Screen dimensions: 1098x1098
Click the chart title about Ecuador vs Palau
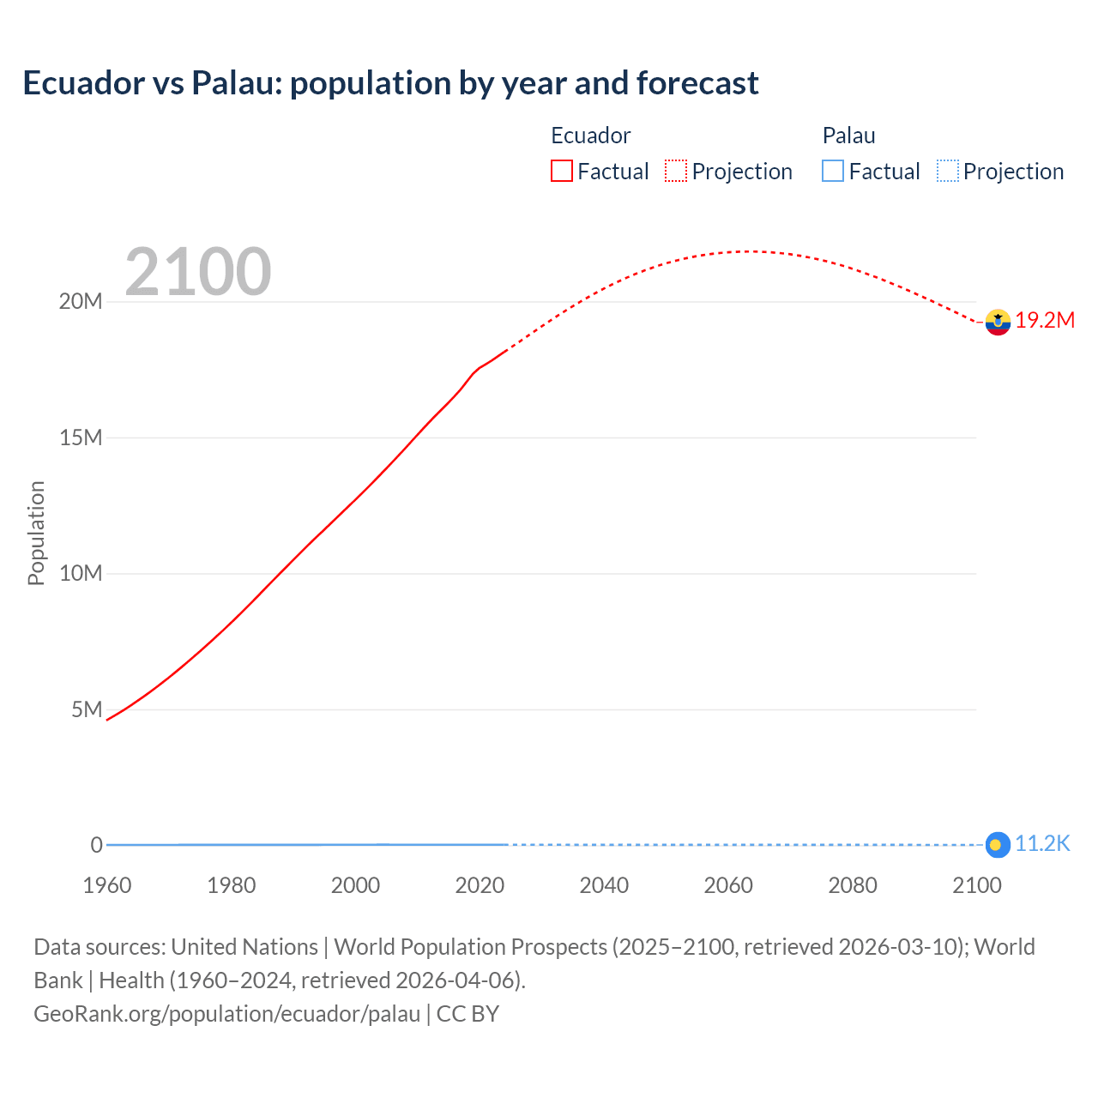390,83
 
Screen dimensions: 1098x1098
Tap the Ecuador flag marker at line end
997,322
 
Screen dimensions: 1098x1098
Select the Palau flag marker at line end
997,845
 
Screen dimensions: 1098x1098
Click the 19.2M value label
1045,320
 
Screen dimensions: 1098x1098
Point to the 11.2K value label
1042,844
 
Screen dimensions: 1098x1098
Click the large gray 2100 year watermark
198,272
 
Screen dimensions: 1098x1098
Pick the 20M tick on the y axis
81,302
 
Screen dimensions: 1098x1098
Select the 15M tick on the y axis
81,437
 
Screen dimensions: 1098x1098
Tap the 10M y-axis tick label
81,573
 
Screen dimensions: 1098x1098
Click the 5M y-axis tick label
87,709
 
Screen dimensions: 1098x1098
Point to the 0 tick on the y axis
96,845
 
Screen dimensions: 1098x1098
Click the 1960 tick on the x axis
107,885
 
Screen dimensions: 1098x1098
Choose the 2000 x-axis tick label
355,885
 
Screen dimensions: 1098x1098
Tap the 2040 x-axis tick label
604,885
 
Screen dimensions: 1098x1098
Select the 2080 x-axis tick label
853,885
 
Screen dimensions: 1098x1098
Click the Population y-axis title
36,533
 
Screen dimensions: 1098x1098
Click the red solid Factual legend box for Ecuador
562,171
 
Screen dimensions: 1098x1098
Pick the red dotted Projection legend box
676,171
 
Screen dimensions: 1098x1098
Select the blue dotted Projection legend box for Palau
947,171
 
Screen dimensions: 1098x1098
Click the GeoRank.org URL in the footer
226,1014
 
